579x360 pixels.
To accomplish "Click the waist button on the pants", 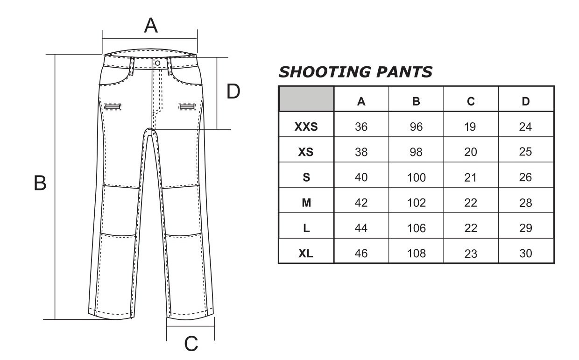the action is click(x=157, y=63).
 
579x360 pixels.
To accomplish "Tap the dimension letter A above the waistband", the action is click(x=151, y=25).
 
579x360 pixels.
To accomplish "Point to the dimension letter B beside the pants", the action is click(x=40, y=183).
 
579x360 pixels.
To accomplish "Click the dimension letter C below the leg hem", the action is click(x=191, y=344).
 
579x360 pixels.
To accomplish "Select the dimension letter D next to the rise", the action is click(x=233, y=91).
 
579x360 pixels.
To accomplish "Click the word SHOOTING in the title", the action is click(x=325, y=72).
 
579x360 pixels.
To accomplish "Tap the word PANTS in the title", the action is click(x=404, y=72).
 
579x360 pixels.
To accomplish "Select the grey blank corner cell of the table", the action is click(x=306, y=99).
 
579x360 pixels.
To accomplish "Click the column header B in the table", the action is click(x=416, y=101).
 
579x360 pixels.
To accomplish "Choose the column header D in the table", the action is click(x=526, y=101).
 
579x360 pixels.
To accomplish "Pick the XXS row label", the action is click(x=306, y=127).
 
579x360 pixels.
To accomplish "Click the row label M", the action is click(x=306, y=203).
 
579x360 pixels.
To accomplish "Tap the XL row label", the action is click(x=306, y=254).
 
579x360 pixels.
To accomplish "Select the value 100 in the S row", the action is click(x=417, y=177).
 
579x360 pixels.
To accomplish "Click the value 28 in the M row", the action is click(x=525, y=203).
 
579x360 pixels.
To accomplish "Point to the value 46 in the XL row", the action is click(x=361, y=254).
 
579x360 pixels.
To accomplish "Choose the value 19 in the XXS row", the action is click(x=470, y=127).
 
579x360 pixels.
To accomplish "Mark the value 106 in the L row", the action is click(x=417, y=228).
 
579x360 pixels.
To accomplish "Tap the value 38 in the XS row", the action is click(x=361, y=152).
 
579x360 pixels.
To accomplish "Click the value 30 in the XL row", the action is click(x=526, y=254).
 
